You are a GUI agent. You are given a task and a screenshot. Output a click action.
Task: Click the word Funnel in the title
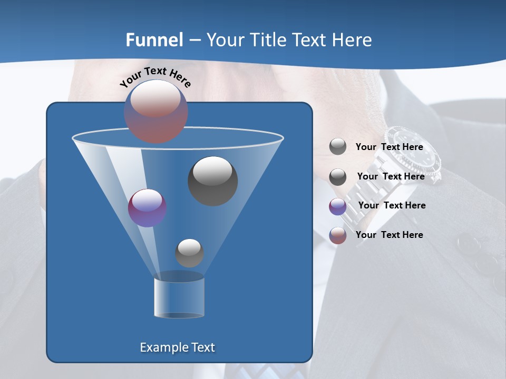154,40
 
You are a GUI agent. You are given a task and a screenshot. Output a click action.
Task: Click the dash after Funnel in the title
194,41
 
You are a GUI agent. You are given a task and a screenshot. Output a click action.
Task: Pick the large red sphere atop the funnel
156,112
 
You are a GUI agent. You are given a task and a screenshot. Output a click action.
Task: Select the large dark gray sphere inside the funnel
212,181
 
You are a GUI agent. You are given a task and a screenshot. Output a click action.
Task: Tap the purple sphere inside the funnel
147,208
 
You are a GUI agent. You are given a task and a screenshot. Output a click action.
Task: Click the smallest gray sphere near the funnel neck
189,253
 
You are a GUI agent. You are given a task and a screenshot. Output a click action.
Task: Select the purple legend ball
338,206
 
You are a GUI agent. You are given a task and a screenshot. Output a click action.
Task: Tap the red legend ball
338,235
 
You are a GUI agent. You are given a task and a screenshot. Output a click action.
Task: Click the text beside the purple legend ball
392,205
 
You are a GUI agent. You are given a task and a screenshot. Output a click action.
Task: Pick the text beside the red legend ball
390,235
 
